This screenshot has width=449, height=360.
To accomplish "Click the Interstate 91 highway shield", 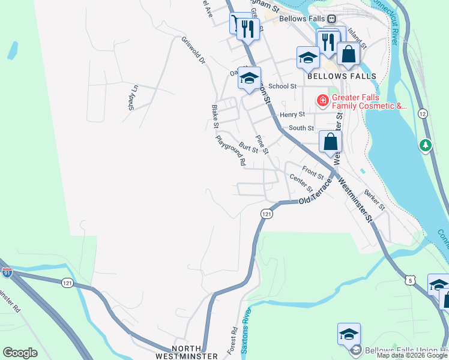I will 7,272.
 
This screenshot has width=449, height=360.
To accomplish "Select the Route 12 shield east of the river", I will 423,113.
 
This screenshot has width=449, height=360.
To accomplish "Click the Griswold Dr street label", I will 193,52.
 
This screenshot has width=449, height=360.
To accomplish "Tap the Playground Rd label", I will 231,151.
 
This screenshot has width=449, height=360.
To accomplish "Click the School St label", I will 283,86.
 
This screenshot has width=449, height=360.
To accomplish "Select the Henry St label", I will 293,114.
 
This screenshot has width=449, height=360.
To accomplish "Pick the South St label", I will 301,128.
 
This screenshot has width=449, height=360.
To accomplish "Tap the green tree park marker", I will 426,145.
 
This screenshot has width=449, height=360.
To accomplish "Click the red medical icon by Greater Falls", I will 323,100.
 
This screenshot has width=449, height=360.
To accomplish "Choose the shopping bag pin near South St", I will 330,142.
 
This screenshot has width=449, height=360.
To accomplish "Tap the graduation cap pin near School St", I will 249,78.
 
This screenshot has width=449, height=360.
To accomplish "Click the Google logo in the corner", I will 20,353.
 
